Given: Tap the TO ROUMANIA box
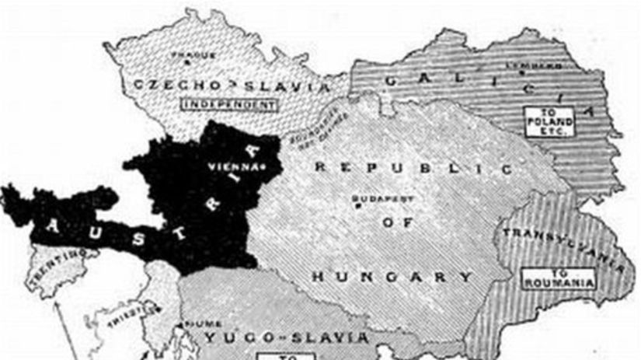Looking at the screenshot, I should (x=559, y=279).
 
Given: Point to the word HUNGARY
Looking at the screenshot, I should (x=392, y=276).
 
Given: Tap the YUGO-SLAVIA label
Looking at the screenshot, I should (x=287, y=337).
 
